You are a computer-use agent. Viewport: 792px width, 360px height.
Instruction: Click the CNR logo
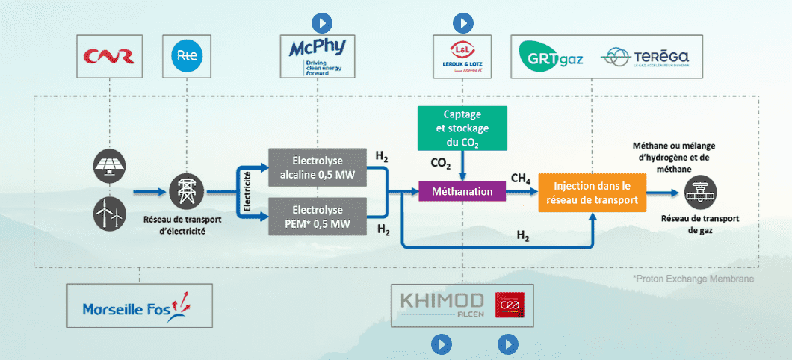coord(110,56)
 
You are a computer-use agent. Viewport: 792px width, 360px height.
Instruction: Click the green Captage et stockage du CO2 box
coord(462,127)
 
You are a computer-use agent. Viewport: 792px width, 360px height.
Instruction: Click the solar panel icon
coord(109,167)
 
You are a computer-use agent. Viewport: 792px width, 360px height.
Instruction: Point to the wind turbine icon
coord(109,214)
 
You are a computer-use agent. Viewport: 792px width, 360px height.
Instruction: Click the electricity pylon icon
coord(185,190)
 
